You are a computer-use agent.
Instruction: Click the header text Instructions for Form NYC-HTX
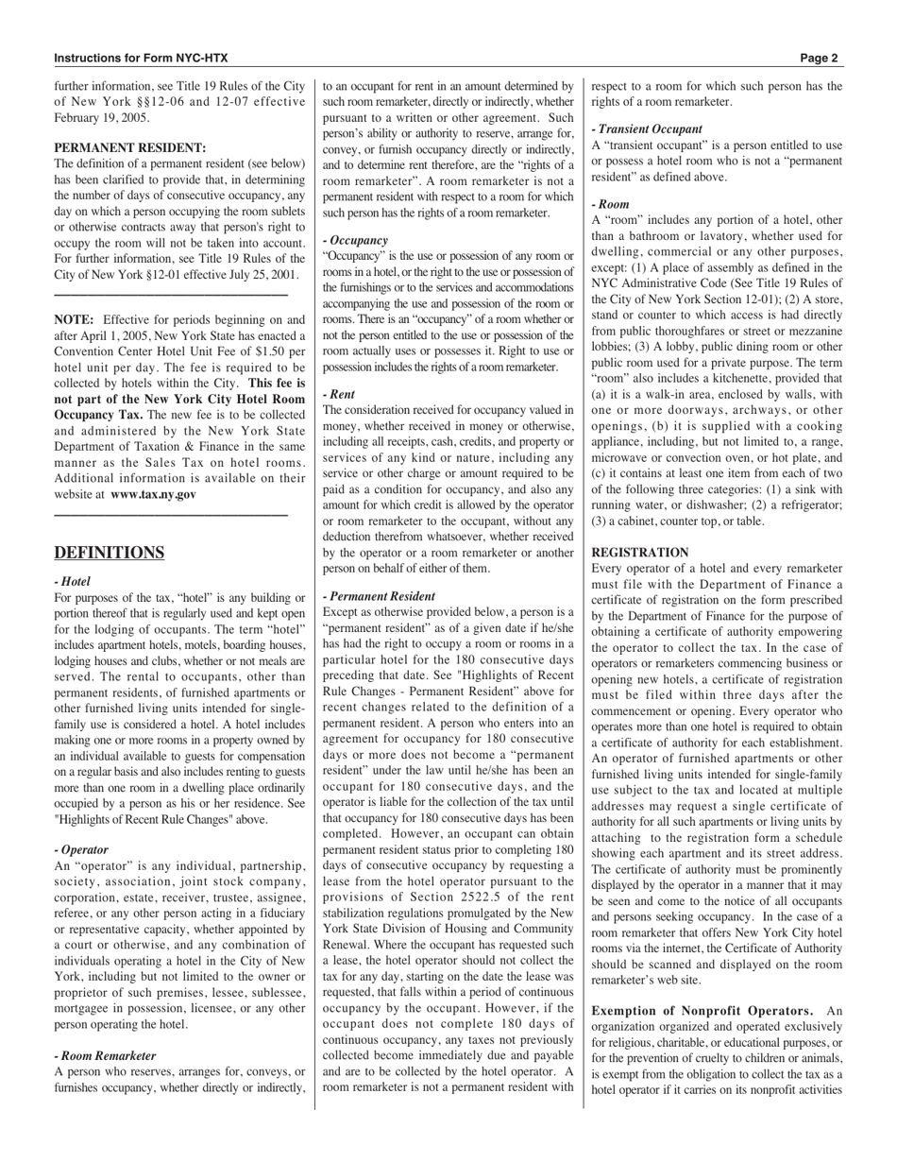[x=141, y=58]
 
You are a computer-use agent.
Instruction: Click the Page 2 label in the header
[x=819, y=58]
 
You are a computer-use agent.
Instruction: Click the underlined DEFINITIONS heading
[x=110, y=554]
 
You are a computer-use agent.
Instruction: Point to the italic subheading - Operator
[x=81, y=849]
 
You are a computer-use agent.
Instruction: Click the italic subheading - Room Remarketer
[x=106, y=1055]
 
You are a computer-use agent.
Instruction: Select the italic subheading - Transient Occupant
[x=647, y=129]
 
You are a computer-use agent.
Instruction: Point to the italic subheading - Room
[x=610, y=203]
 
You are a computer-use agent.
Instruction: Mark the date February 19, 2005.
[x=101, y=118]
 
